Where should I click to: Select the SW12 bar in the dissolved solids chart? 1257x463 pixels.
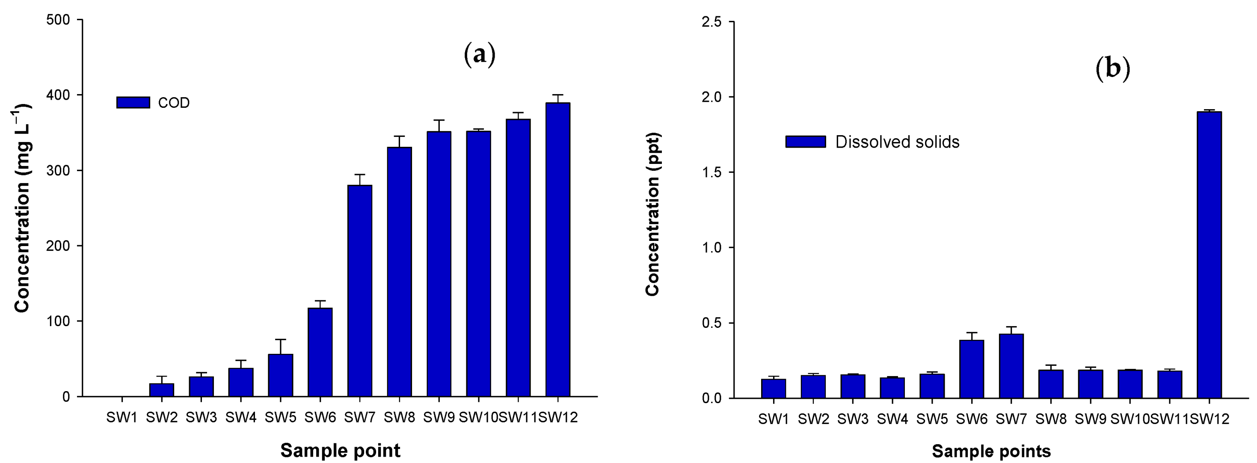(x=1209, y=255)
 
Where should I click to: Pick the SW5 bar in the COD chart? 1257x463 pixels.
(x=280, y=375)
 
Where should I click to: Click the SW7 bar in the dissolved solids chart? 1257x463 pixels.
(x=1011, y=366)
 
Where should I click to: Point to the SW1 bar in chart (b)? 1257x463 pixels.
(x=774, y=389)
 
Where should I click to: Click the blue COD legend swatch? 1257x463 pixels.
(x=133, y=102)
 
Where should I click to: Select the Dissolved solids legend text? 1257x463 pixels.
(x=897, y=142)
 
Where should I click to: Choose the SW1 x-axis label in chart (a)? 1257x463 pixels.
(x=122, y=418)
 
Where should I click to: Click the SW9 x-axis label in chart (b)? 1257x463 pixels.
(x=1090, y=419)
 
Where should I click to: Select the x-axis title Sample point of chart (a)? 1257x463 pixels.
(x=340, y=450)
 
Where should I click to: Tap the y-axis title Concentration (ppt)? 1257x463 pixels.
(x=652, y=214)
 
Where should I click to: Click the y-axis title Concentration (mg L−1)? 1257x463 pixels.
(x=22, y=208)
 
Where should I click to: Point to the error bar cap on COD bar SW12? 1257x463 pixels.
(x=558, y=95)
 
